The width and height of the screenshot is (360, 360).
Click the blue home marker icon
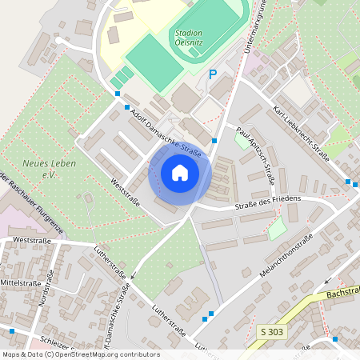tap(180, 173)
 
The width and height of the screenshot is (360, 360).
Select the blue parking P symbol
tap(212, 74)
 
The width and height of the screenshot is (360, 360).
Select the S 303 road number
tap(271, 330)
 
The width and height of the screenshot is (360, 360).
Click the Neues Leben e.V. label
tap(45, 167)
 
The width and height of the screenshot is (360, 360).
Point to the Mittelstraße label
tap(20, 282)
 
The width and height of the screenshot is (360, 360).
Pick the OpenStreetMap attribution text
tap(80, 354)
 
